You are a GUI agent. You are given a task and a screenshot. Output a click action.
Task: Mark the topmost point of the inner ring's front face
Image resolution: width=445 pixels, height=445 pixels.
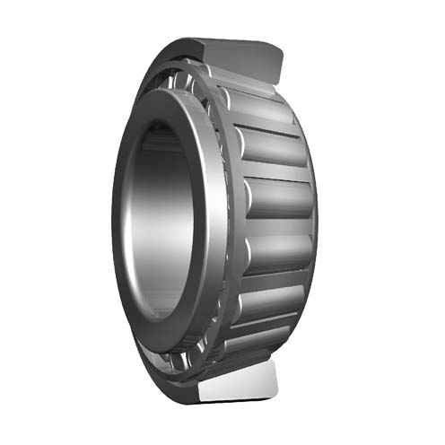[170, 90]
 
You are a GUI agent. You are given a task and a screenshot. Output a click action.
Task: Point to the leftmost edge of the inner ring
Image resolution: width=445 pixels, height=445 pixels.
[112, 220]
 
